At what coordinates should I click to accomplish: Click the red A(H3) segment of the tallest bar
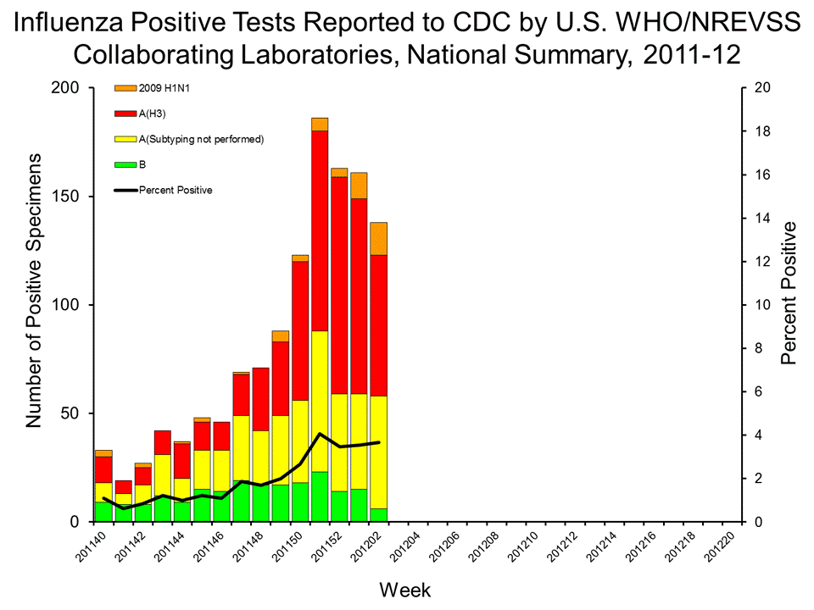pyautogui.click(x=320, y=229)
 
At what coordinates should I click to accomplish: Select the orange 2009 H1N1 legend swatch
pyautogui.click(x=125, y=88)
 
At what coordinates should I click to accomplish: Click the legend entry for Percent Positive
pyautogui.click(x=176, y=190)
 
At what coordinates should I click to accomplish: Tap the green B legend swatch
pyautogui.click(x=125, y=164)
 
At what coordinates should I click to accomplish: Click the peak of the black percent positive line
pyautogui.click(x=320, y=434)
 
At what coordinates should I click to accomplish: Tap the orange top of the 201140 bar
pyautogui.click(x=103, y=453)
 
